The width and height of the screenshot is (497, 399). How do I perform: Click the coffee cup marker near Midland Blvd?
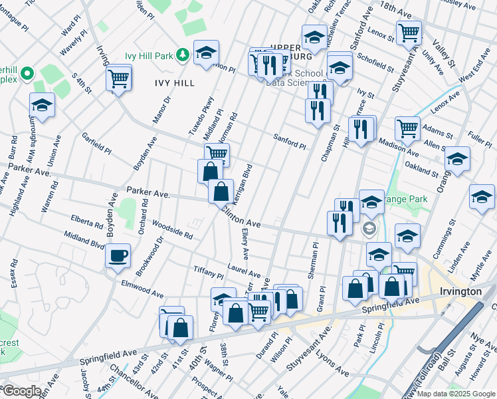[x=118, y=255]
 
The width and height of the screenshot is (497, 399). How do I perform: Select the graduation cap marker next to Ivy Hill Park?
[x=207, y=53]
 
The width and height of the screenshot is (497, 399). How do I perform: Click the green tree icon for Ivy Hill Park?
[x=183, y=56]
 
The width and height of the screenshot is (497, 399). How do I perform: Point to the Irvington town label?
[x=460, y=292]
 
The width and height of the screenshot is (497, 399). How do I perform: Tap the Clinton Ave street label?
[x=241, y=217]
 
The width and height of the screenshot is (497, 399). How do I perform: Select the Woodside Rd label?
[x=172, y=229]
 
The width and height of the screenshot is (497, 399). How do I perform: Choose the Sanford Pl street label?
[x=290, y=141]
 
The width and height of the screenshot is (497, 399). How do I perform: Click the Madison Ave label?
[x=399, y=145]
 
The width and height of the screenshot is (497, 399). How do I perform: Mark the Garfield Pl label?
[x=96, y=144]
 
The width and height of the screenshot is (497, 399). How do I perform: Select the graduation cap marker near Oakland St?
[x=457, y=158]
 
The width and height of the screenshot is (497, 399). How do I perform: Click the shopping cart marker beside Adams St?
[x=407, y=128]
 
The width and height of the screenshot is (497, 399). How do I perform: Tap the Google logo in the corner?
[x=21, y=391]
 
